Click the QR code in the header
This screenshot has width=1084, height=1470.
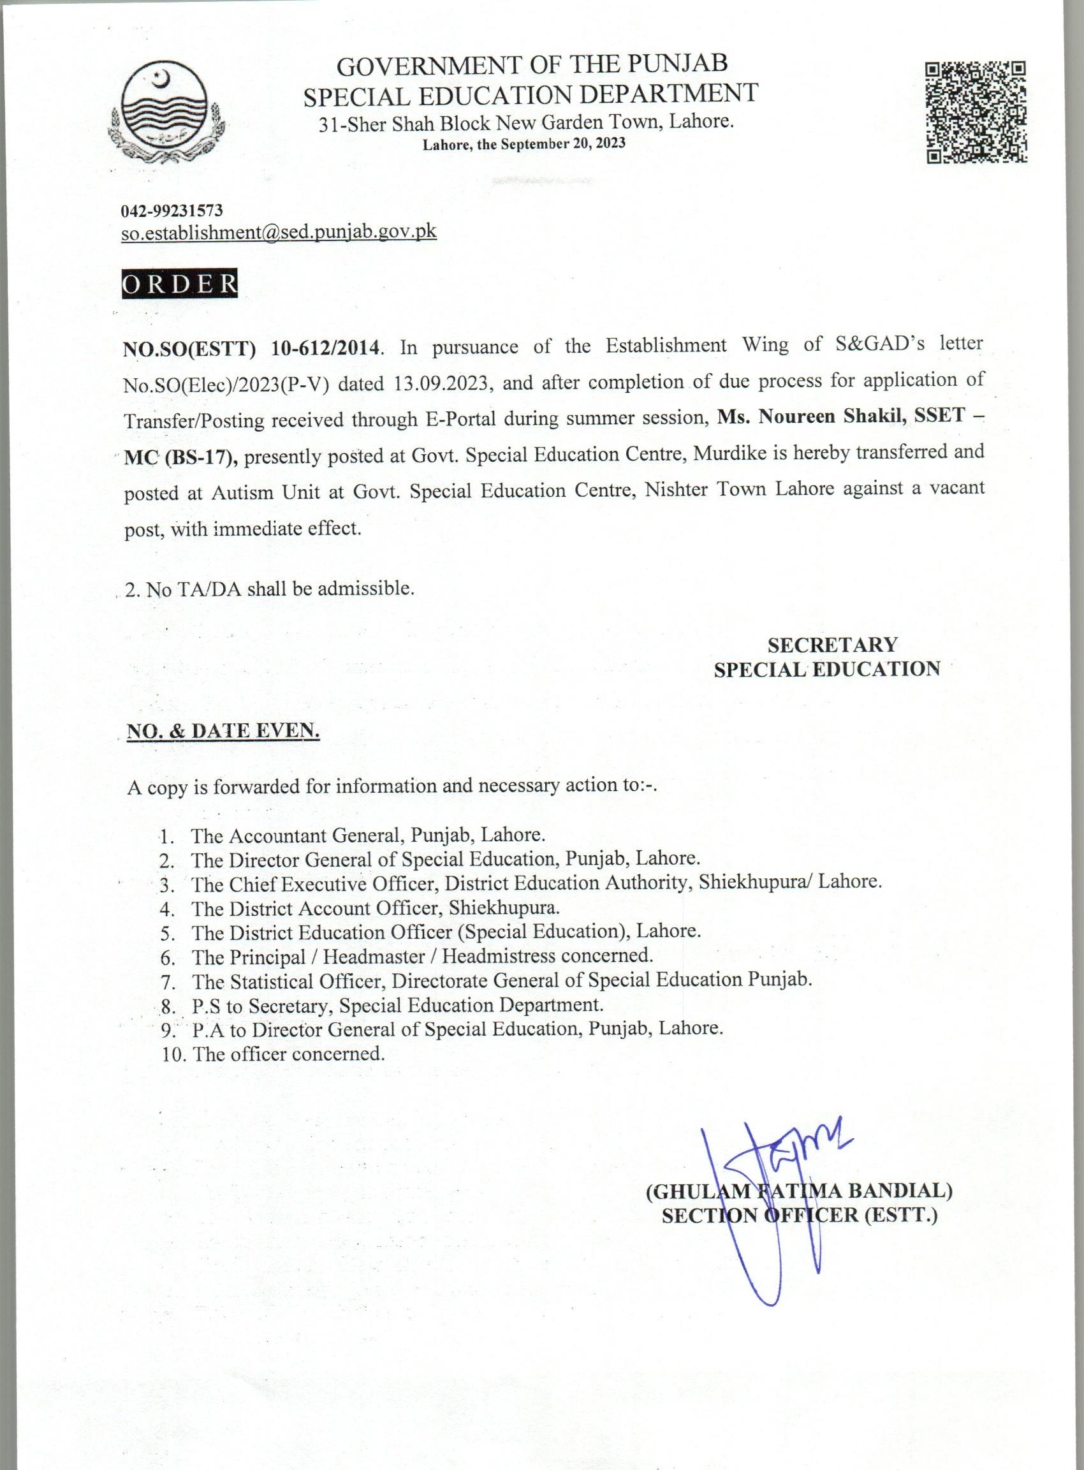pos(976,112)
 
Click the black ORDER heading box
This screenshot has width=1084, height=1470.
pos(180,284)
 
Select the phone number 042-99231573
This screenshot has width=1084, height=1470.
pos(172,210)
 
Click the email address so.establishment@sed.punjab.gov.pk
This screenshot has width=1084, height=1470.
pos(279,232)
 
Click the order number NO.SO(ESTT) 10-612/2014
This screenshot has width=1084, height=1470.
pos(252,347)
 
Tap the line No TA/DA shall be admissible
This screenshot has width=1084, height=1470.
pos(270,588)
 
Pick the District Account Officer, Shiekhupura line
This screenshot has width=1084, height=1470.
pos(376,908)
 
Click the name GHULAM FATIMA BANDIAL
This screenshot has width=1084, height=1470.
pos(799,1190)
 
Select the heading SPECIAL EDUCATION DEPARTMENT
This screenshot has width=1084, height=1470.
pos(530,94)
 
